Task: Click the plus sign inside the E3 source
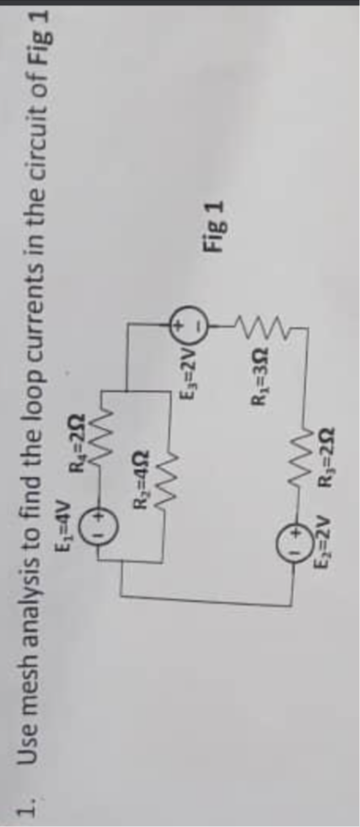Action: tap(180, 324)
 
